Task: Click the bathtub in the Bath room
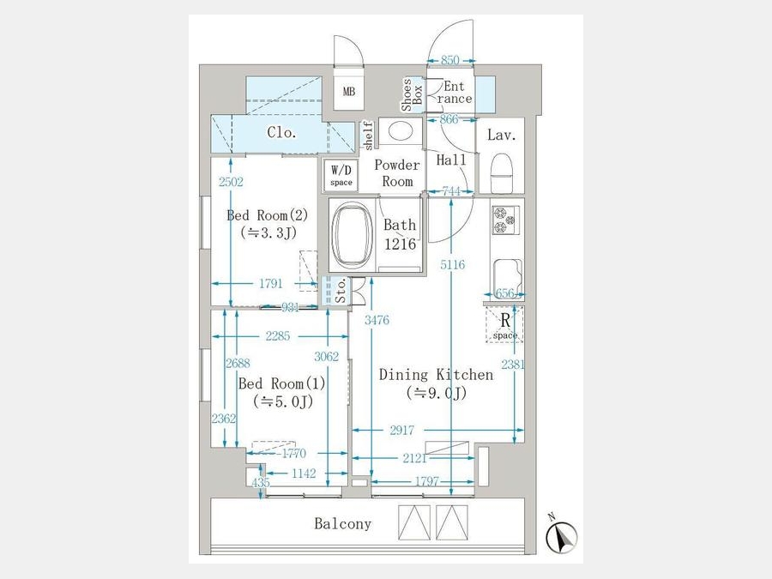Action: [352, 234]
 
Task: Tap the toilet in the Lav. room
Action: [503, 172]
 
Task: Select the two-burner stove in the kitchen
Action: [505, 220]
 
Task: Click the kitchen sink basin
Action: [507, 278]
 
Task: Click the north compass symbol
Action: [561, 534]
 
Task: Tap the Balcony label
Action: [343, 523]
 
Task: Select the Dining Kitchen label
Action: [437, 375]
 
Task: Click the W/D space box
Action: [341, 175]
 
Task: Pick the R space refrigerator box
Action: [504, 324]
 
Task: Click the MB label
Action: [349, 92]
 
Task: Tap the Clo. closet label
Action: [282, 132]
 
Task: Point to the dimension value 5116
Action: [452, 265]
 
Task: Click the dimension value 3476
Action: [377, 321]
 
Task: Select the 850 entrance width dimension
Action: [450, 60]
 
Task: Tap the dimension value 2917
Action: [402, 431]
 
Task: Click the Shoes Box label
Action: [413, 95]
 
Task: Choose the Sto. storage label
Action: [341, 291]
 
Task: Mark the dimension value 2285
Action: [278, 336]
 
